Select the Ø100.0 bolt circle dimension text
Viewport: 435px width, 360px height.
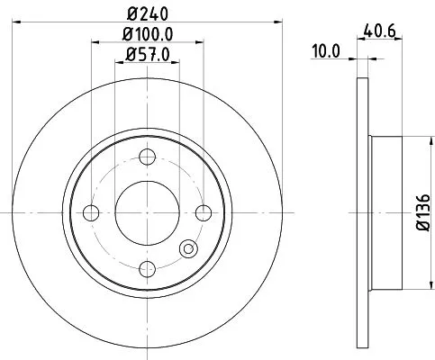pos(148,36)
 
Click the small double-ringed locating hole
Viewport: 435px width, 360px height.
pos(188,251)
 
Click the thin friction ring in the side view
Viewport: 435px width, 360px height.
pos(363,212)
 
